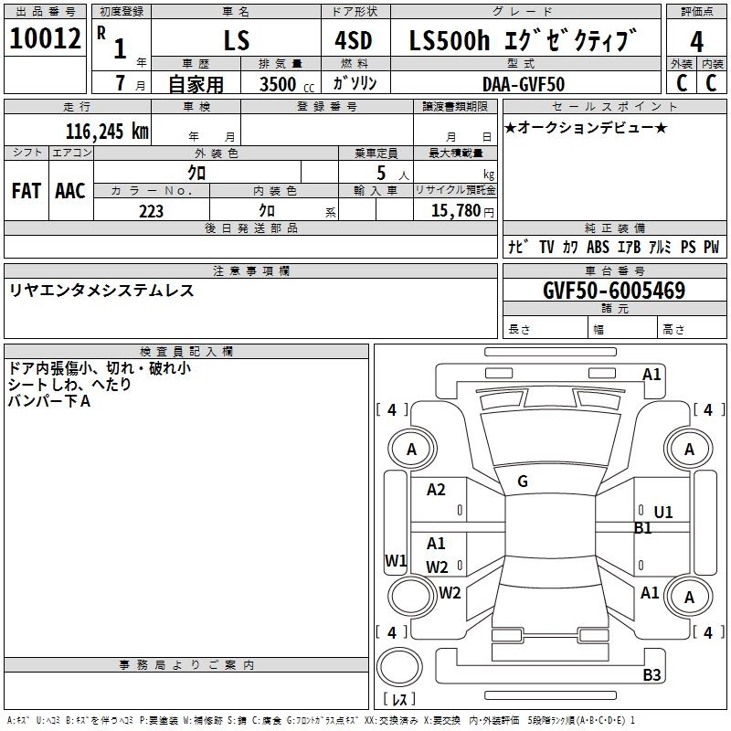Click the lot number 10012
(x=46, y=40)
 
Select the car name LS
(x=236, y=41)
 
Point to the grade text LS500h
(x=443, y=40)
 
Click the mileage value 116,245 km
(x=107, y=130)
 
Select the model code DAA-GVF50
(x=523, y=85)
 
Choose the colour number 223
(x=152, y=211)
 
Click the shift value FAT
(x=26, y=191)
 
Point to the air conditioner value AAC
(x=69, y=191)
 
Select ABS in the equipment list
(x=598, y=247)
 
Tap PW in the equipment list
(x=711, y=247)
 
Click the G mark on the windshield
(x=523, y=482)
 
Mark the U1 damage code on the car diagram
(x=662, y=513)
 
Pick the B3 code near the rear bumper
(x=652, y=675)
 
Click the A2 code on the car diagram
(x=436, y=490)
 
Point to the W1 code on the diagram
(x=395, y=560)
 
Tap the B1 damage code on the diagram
(x=643, y=528)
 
